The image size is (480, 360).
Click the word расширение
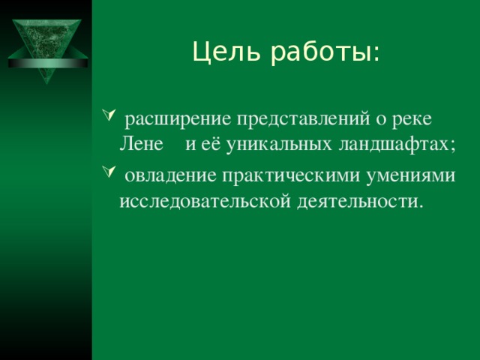pos(177,121)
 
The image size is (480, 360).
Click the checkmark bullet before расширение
pos(105,118)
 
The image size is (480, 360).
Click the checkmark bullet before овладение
pos(105,173)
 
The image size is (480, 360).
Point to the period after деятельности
pos(420,206)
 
